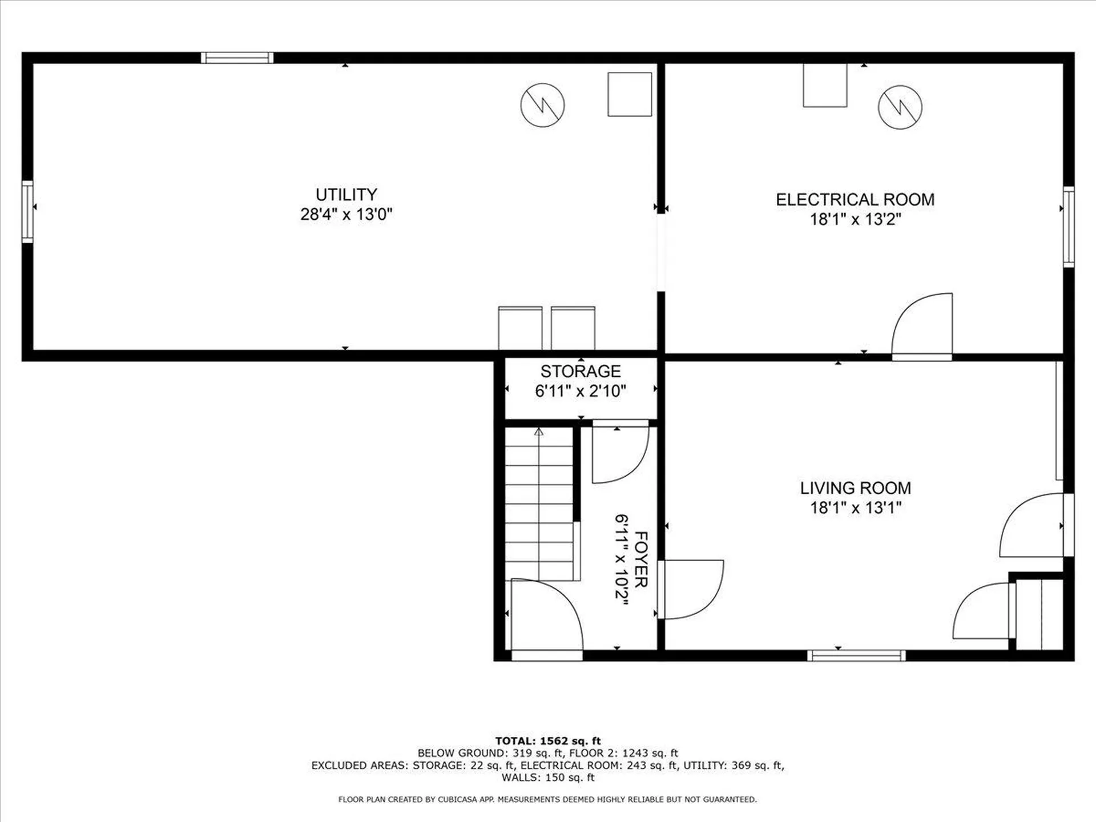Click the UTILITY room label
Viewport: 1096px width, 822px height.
coord(346,195)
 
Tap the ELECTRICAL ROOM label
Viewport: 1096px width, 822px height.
coord(855,200)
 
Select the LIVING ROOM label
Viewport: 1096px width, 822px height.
coord(855,488)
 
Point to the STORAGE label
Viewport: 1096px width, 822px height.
coord(581,372)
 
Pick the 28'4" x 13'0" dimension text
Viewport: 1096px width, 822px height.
coord(346,215)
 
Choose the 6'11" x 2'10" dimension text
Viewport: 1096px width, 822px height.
coord(581,392)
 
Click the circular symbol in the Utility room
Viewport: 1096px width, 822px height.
coord(542,105)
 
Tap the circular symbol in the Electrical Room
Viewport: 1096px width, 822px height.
coord(900,107)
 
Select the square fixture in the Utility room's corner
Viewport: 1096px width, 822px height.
coord(630,94)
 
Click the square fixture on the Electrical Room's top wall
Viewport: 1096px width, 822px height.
coord(825,85)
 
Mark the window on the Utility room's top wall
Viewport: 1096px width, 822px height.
coord(237,58)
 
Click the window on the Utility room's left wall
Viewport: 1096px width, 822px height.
coord(27,211)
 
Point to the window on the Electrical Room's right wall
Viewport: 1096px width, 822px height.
coord(1068,226)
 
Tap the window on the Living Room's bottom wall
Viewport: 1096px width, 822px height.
coord(856,655)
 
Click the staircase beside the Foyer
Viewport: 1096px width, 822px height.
coord(539,505)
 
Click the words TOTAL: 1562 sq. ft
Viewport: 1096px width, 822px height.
coord(547,741)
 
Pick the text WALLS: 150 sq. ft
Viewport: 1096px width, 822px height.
coord(547,777)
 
